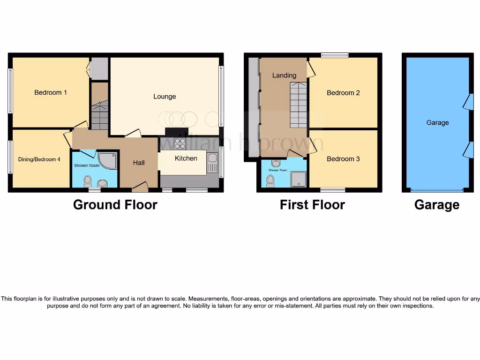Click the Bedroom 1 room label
tap(51, 92)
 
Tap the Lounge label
tap(165, 97)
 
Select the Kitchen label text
tap(186, 158)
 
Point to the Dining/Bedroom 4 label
tap(39, 159)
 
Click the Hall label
tap(139, 163)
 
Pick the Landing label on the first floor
tap(285, 75)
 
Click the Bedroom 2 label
tap(343, 93)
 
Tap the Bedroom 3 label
tap(343, 159)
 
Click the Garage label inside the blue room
tap(437, 122)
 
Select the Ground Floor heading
tap(115, 205)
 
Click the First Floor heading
tap(312, 205)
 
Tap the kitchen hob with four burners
tap(180, 143)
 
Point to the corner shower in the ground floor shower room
tap(109, 160)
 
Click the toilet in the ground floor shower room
tap(88, 180)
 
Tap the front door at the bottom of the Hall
tap(140, 188)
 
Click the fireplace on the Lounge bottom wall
tap(177, 132)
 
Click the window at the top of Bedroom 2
tap(335, 55)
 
